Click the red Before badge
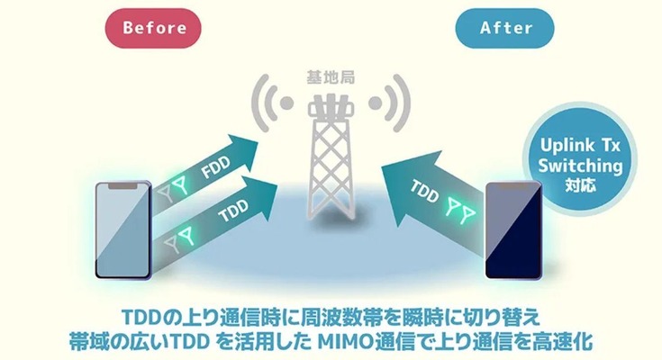pyautogui.click(x=154, y=28)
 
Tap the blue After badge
pyautogui.click(x=505, y=28)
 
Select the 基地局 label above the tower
pyautogui.click(x=331, y=78)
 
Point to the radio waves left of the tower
pyautogui.click(x=271, y=101)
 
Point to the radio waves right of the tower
pyautogui.click(x=391, y=101)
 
